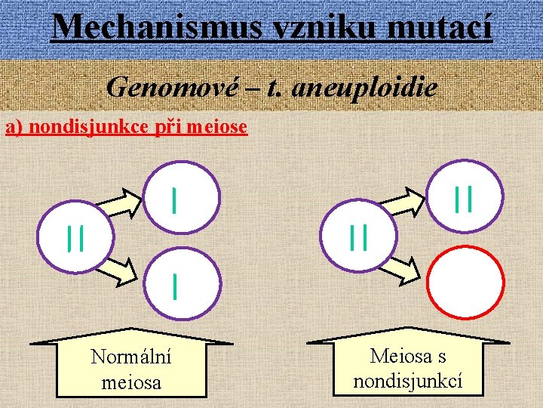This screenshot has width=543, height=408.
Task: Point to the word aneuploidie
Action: point(364,88)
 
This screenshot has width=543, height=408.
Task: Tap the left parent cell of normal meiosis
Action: point(75,236)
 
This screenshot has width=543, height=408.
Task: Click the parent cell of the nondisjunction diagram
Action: point(358,236)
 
